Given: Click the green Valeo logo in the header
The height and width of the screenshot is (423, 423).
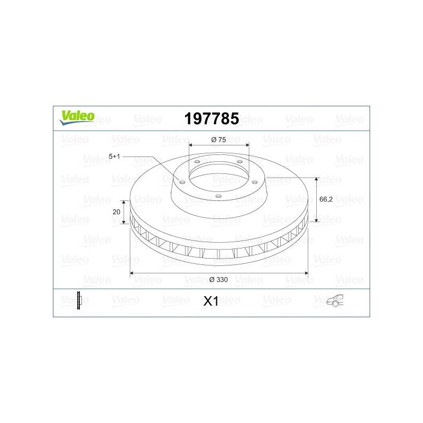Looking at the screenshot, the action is pos(77,117).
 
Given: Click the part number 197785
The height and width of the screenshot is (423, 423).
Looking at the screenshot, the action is pos(212,118).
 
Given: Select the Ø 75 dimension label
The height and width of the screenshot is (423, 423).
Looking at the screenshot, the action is pos(219,140).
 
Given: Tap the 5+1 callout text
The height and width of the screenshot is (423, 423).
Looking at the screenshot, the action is pos(114,156).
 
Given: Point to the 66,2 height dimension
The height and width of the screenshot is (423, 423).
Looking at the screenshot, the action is pos(326,199).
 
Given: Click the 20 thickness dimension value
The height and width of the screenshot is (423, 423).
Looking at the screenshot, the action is pos(116,212).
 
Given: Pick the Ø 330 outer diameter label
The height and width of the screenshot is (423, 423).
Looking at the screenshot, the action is pos(218,280).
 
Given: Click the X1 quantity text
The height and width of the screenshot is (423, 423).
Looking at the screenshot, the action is pos(210,301).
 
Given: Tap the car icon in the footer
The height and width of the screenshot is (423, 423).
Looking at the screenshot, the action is pos(335,300).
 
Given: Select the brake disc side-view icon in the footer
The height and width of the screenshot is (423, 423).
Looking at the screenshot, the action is pos(79,300).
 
